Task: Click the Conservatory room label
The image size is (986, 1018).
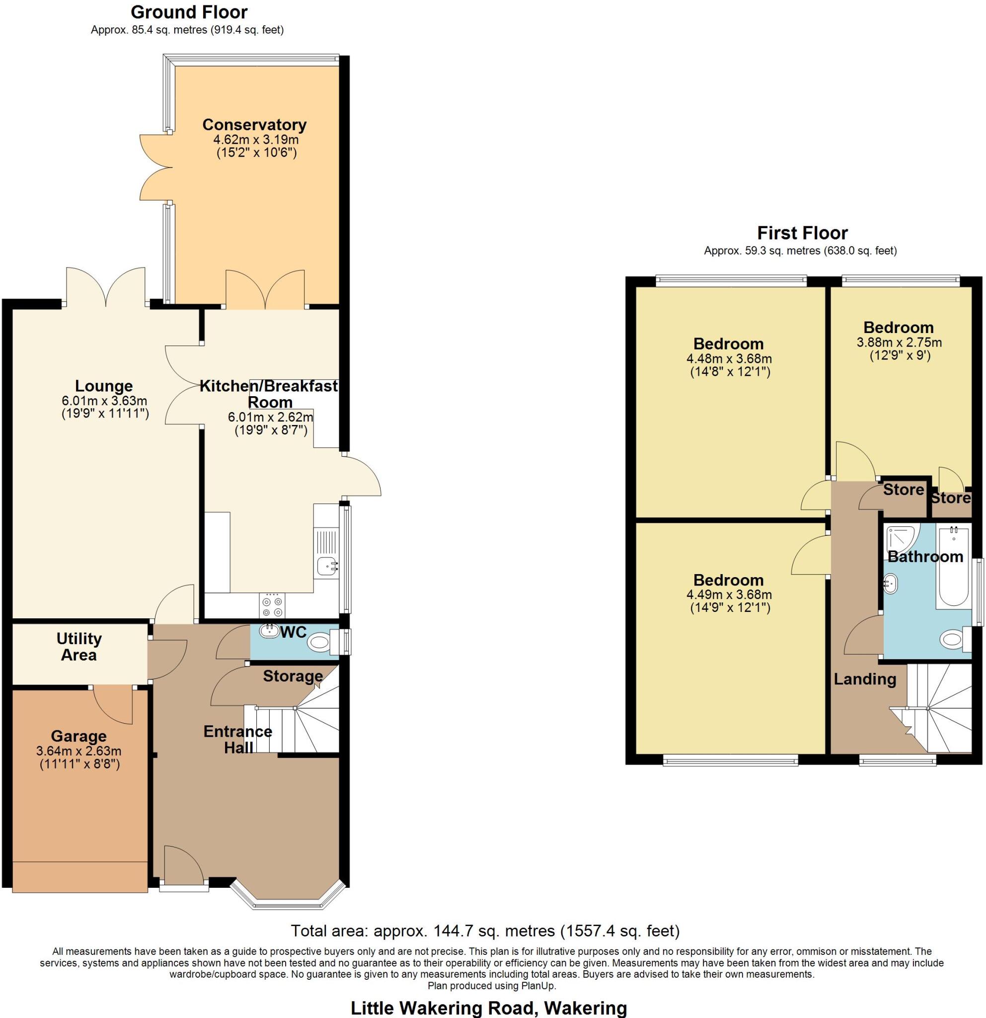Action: (x=254, y=125)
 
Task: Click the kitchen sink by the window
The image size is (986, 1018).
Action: (x=326, y=566)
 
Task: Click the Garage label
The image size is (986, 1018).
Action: (x=78, y=736)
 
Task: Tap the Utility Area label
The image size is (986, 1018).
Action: (x=78, y=646)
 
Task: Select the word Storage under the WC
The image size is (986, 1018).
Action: (x=293, y=676)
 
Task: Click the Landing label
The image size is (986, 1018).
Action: (x=865, y=679)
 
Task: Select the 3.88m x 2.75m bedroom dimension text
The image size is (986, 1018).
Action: (x=899, y=342)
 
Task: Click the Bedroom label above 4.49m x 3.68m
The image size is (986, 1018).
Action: (x=728, y=580)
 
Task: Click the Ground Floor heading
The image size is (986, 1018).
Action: (x=189, y=11)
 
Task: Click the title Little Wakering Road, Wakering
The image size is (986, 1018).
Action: (x=489, y=1008)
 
